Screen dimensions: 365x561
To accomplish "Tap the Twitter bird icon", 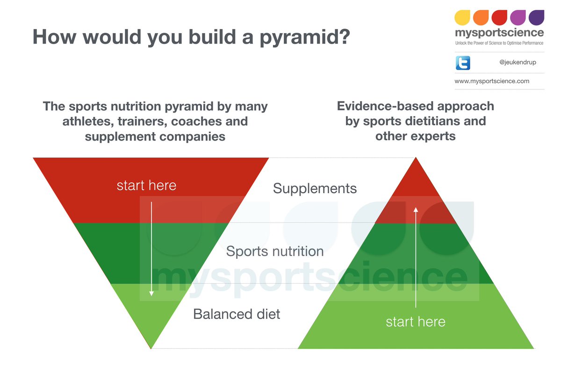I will [x=462, y=63].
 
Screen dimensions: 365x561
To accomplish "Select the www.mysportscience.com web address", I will [x=492, y=81].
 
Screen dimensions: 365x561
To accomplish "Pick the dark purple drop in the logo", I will [x=536, y=18].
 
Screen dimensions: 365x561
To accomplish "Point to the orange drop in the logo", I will [x=481, y=18].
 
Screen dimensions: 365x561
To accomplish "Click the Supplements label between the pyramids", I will [x=315, y=188].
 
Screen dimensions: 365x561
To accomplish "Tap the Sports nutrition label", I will [x=275, y=251].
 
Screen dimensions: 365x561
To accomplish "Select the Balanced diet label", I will [x=237, y=314].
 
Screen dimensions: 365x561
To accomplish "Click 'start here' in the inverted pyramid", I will [x=146, y=186].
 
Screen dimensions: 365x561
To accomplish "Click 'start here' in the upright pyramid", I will [x=415, y=322].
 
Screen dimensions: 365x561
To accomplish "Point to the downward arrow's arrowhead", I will [x=151, y=293].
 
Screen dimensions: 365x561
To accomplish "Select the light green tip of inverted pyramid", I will [x=151, y=327].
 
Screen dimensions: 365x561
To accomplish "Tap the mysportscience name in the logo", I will [x=499, y=33].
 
